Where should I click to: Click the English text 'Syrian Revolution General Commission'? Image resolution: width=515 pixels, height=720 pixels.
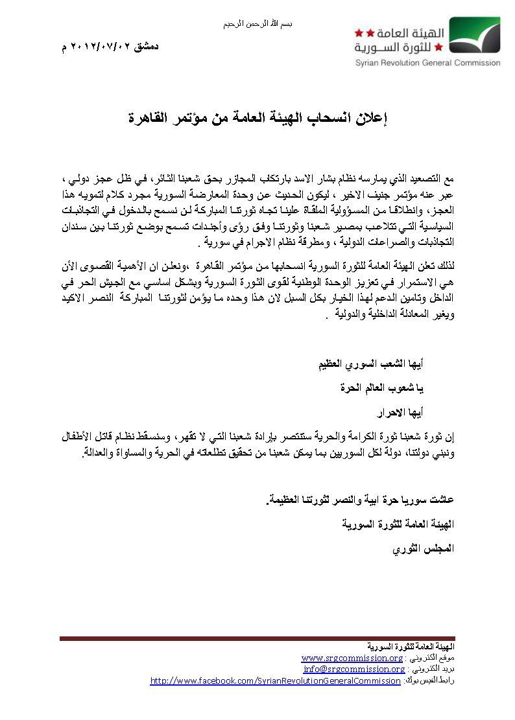click(427, 63)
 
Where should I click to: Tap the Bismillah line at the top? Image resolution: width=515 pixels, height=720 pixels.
click(257, 23)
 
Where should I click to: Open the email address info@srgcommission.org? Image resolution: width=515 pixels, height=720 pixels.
click(354, 669)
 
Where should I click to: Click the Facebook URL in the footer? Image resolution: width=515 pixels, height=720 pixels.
click(275, 680)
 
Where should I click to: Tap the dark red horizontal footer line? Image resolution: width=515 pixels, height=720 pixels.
click(257, 638)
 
